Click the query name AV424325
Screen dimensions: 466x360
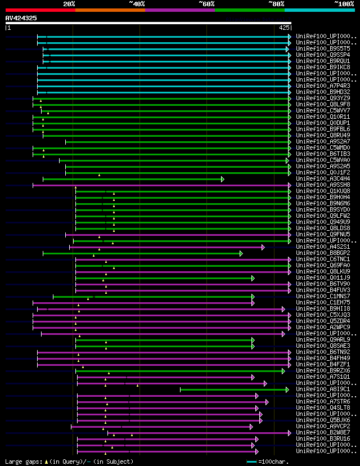21,18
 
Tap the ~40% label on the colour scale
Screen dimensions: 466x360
137,3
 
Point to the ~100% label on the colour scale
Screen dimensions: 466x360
344,3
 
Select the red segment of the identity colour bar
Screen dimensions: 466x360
40,10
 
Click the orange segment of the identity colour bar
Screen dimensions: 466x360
110,10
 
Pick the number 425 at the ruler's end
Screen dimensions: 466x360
284,27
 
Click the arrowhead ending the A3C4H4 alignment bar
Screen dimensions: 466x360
223,179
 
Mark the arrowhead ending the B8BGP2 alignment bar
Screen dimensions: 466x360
241,253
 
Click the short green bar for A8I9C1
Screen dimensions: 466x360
233,389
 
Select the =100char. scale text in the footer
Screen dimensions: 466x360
274,461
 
